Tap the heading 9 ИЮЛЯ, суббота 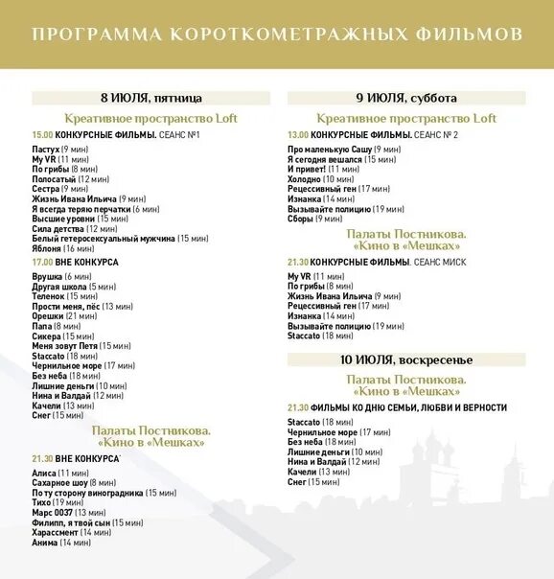point(406,98)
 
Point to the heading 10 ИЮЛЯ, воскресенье point(406,359)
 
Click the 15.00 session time point(42,134)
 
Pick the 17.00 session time point(42,262)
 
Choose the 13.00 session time point(298,134)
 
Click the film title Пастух point(46,151)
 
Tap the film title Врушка point(48,277)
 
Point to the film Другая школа point(59,287)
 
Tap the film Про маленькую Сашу point(330,151)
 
